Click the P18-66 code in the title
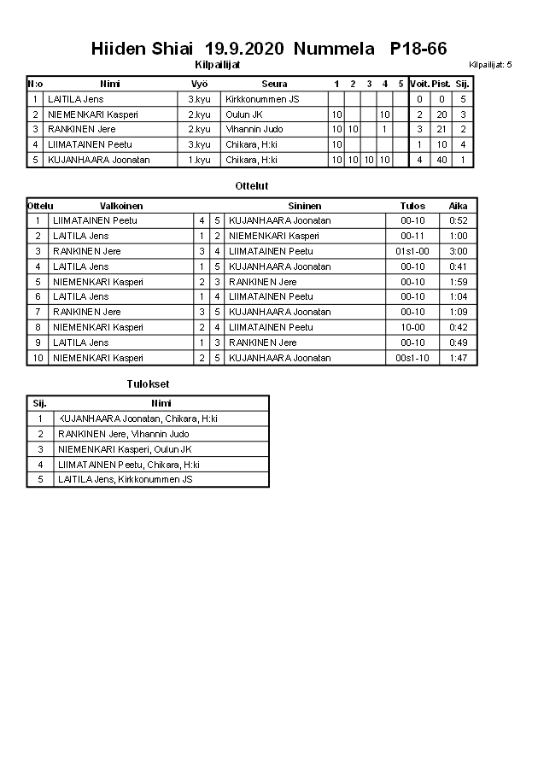point(418,49)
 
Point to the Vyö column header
point(199,84)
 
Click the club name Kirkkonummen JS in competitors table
point(262,99)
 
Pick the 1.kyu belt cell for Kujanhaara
point(199,160)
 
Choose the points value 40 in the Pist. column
point(442,160)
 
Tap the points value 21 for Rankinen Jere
point(442,129)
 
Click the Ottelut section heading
point(252,185)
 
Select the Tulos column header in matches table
point(412,206)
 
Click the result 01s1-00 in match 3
point(412,251)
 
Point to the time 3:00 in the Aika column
point(458,251)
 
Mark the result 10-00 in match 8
point(412,327)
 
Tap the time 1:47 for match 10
point(458,358)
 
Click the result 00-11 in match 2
point(412,236)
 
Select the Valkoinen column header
point(121,206)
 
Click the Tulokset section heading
point(148,384)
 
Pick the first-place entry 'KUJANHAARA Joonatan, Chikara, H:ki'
point(137,419)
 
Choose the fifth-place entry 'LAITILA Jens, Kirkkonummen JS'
point(126,479)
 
